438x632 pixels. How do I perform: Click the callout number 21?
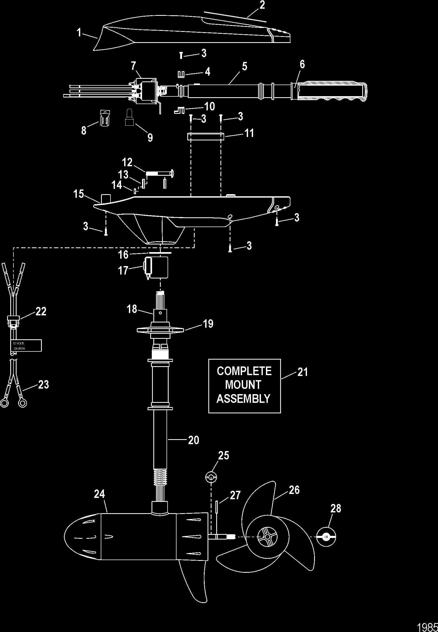303,372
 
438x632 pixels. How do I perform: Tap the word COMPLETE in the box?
244,371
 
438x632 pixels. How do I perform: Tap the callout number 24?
99,494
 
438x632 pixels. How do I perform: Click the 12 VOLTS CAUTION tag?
27,345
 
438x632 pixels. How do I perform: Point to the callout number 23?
43,384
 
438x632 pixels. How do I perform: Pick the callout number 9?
150,138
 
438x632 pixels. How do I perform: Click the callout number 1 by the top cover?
79,33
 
